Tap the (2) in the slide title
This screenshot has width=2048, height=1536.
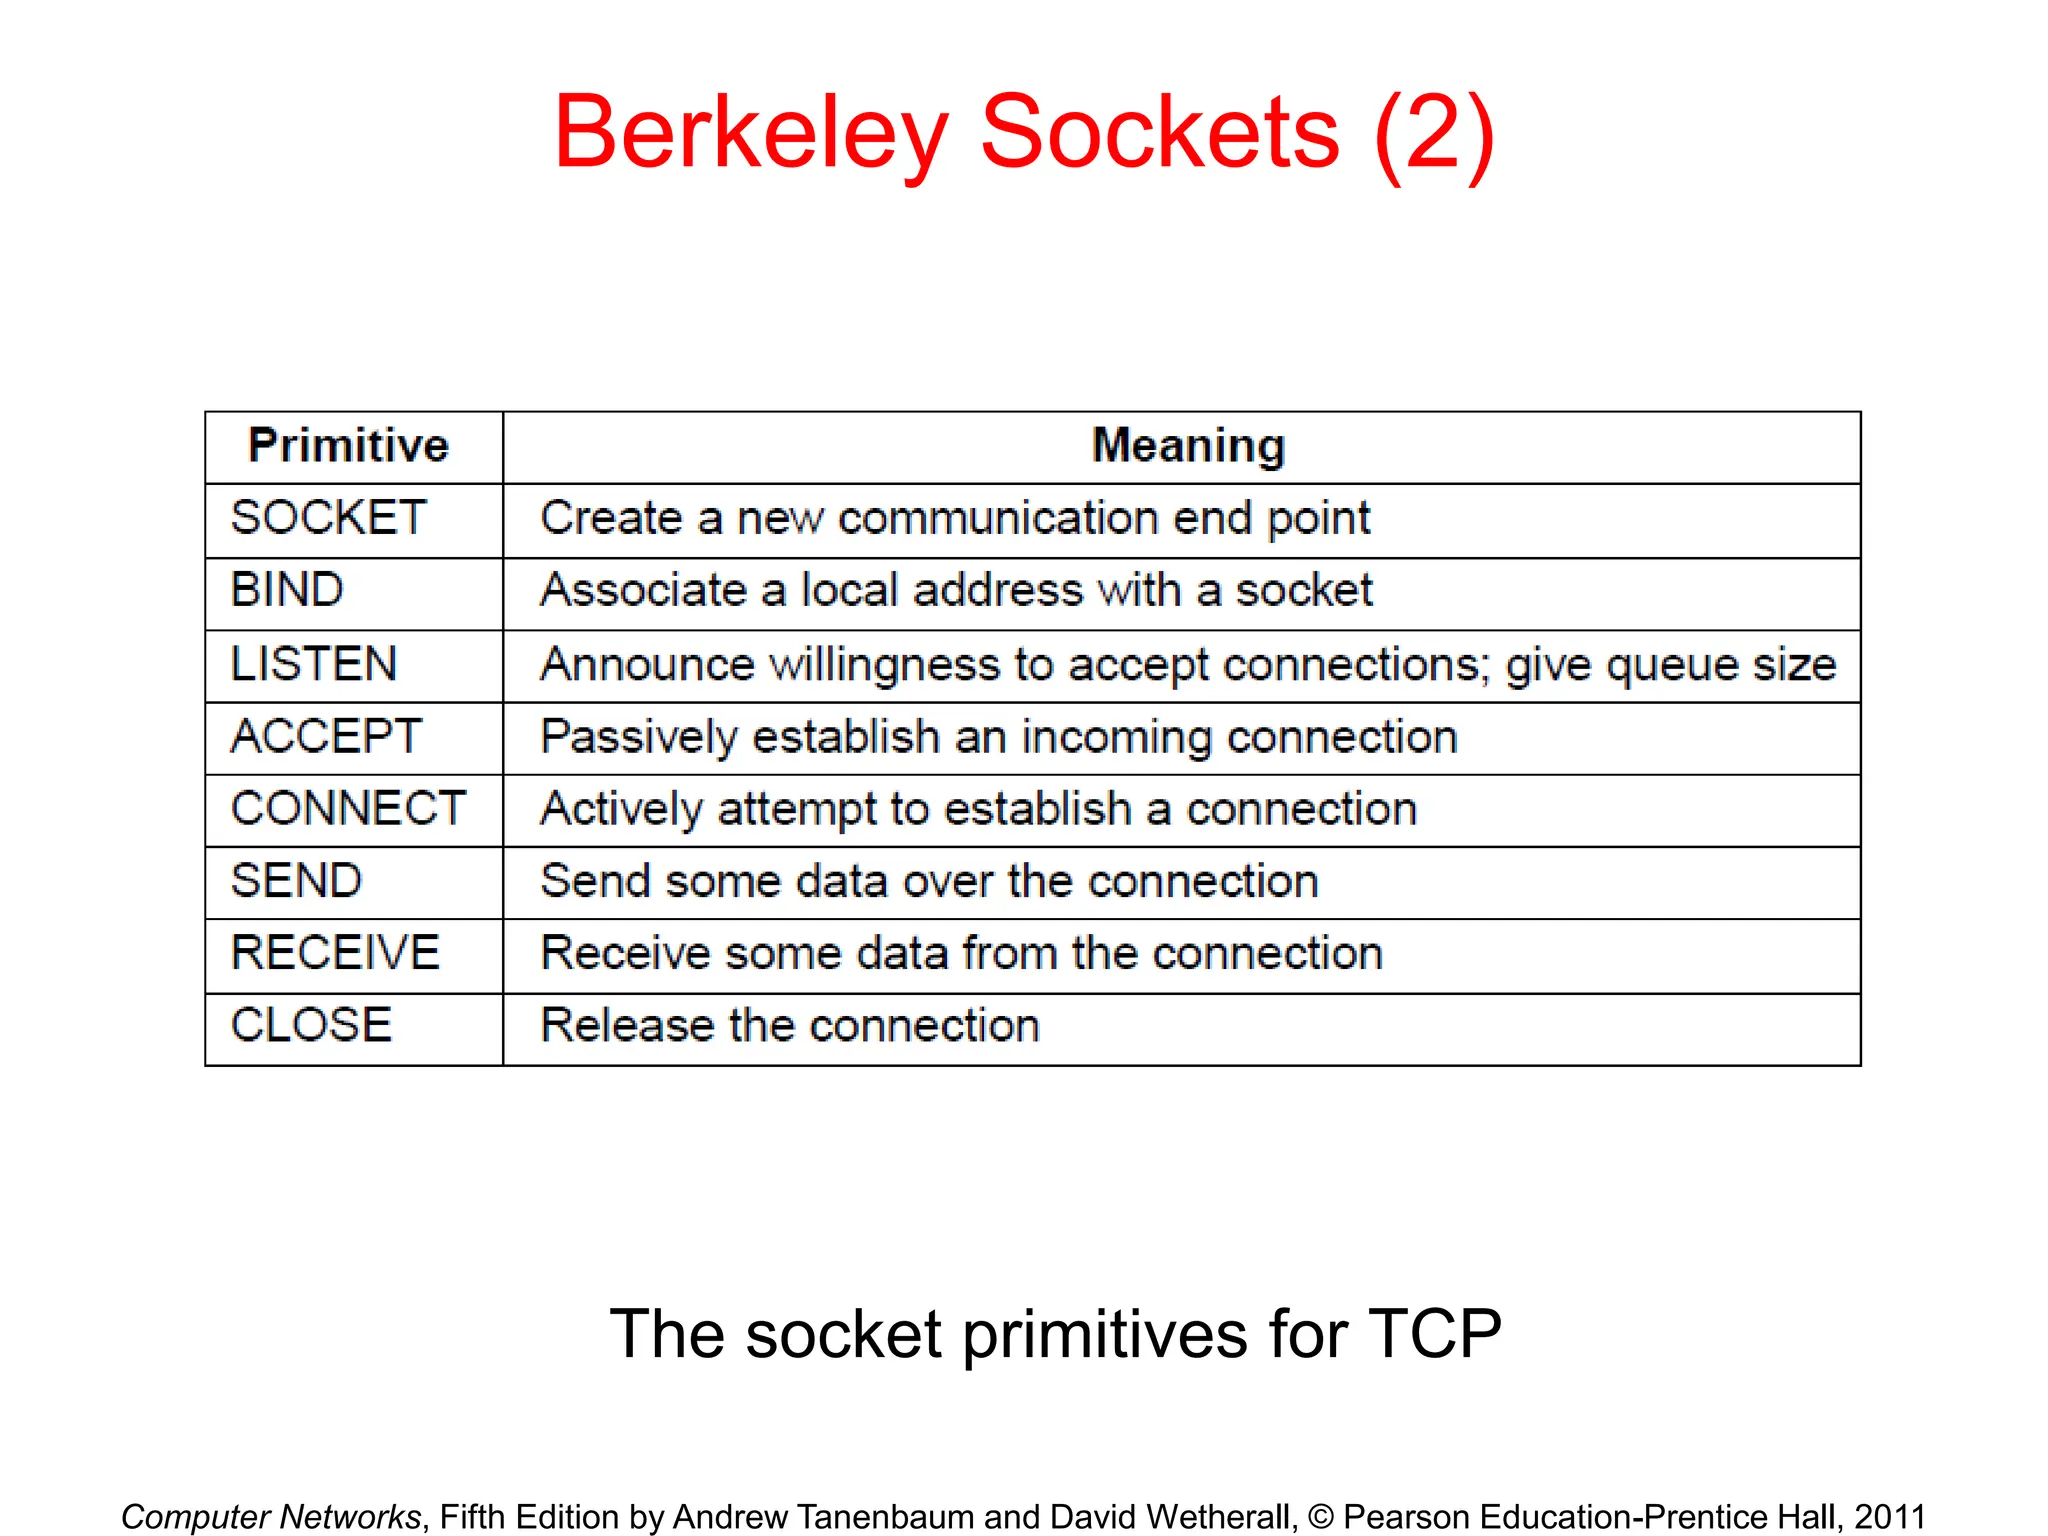[x=1434, y=133]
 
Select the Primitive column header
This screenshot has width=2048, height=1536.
[x=349, y=446]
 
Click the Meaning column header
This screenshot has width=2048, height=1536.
[x=1188, y=446]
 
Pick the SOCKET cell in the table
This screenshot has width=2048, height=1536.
[x=329, y=518]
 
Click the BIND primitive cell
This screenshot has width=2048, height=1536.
[x=287, y=590]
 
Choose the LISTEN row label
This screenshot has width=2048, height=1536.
[x=314, y=664]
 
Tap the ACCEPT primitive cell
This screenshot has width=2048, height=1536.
[x=326, y=737]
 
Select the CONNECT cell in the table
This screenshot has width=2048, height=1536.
[x=348, y=809]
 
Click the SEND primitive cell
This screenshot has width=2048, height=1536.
[x=296, y=881]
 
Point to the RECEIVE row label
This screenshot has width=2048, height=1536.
[x=335, y=953]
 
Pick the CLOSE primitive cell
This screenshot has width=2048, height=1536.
[x=311, y=1026]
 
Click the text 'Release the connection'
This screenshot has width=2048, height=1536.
[x=790, y=1026]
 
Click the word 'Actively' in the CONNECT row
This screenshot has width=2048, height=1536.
[x=620, y=810]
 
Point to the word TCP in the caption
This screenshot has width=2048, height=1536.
[x=1434, y=1334]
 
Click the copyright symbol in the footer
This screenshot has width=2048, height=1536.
[x=1320, y=1517]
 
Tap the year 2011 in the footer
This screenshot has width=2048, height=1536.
[x=1890, y=1517]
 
